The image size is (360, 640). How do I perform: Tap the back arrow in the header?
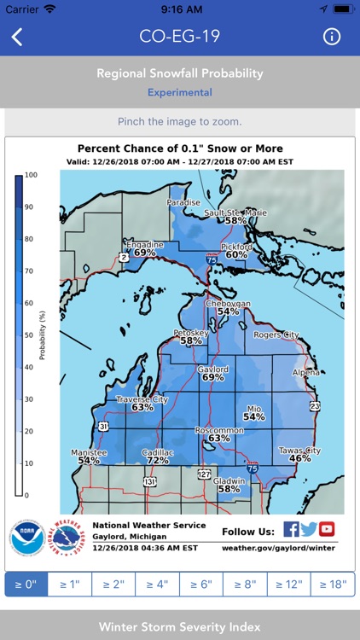17,37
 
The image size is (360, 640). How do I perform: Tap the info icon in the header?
332,37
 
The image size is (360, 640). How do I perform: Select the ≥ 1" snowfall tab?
67,585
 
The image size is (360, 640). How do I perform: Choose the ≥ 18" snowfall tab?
333,585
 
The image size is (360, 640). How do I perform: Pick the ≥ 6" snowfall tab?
200,585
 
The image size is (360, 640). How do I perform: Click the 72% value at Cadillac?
157,460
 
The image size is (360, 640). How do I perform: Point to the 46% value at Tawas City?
300,458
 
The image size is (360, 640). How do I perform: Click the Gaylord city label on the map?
213,368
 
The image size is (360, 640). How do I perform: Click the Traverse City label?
142,399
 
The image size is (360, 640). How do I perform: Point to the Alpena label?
305,373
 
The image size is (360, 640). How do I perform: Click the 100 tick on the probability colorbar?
32,175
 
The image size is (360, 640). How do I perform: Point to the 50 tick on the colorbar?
32,335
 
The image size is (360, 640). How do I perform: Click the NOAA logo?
26,537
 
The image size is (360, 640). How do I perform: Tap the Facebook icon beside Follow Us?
291,529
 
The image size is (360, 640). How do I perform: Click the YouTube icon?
327,529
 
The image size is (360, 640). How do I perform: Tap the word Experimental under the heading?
180,92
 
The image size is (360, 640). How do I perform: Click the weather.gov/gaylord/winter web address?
278,548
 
